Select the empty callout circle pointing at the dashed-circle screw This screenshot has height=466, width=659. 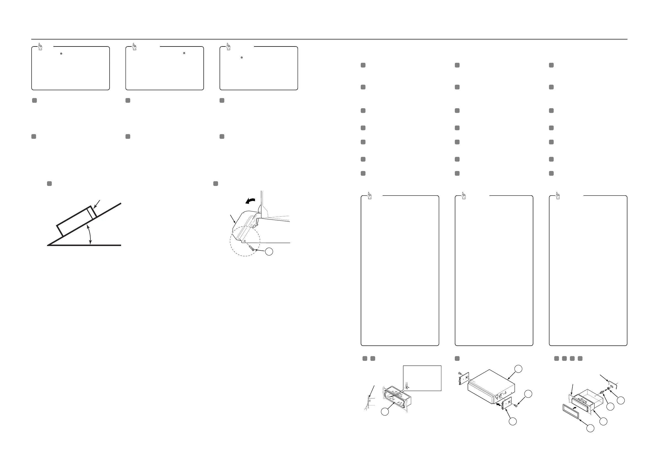[x=269, y=252]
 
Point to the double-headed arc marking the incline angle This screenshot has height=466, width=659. [x=90, y=235]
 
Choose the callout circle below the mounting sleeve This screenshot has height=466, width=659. [x=385, y=411]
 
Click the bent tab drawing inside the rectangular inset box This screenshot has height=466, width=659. [x=408, y=385]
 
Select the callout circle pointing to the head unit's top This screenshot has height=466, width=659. [x=518, y=369]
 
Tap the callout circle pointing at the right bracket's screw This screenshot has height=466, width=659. [x=528, y=394]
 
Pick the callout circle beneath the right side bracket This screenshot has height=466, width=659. [x=513, y=421]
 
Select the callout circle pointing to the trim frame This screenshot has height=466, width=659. [x=590, y=428]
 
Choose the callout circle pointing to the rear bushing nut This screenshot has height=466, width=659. [x=621, y=400]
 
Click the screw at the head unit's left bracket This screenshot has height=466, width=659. [x=459, y=373]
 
